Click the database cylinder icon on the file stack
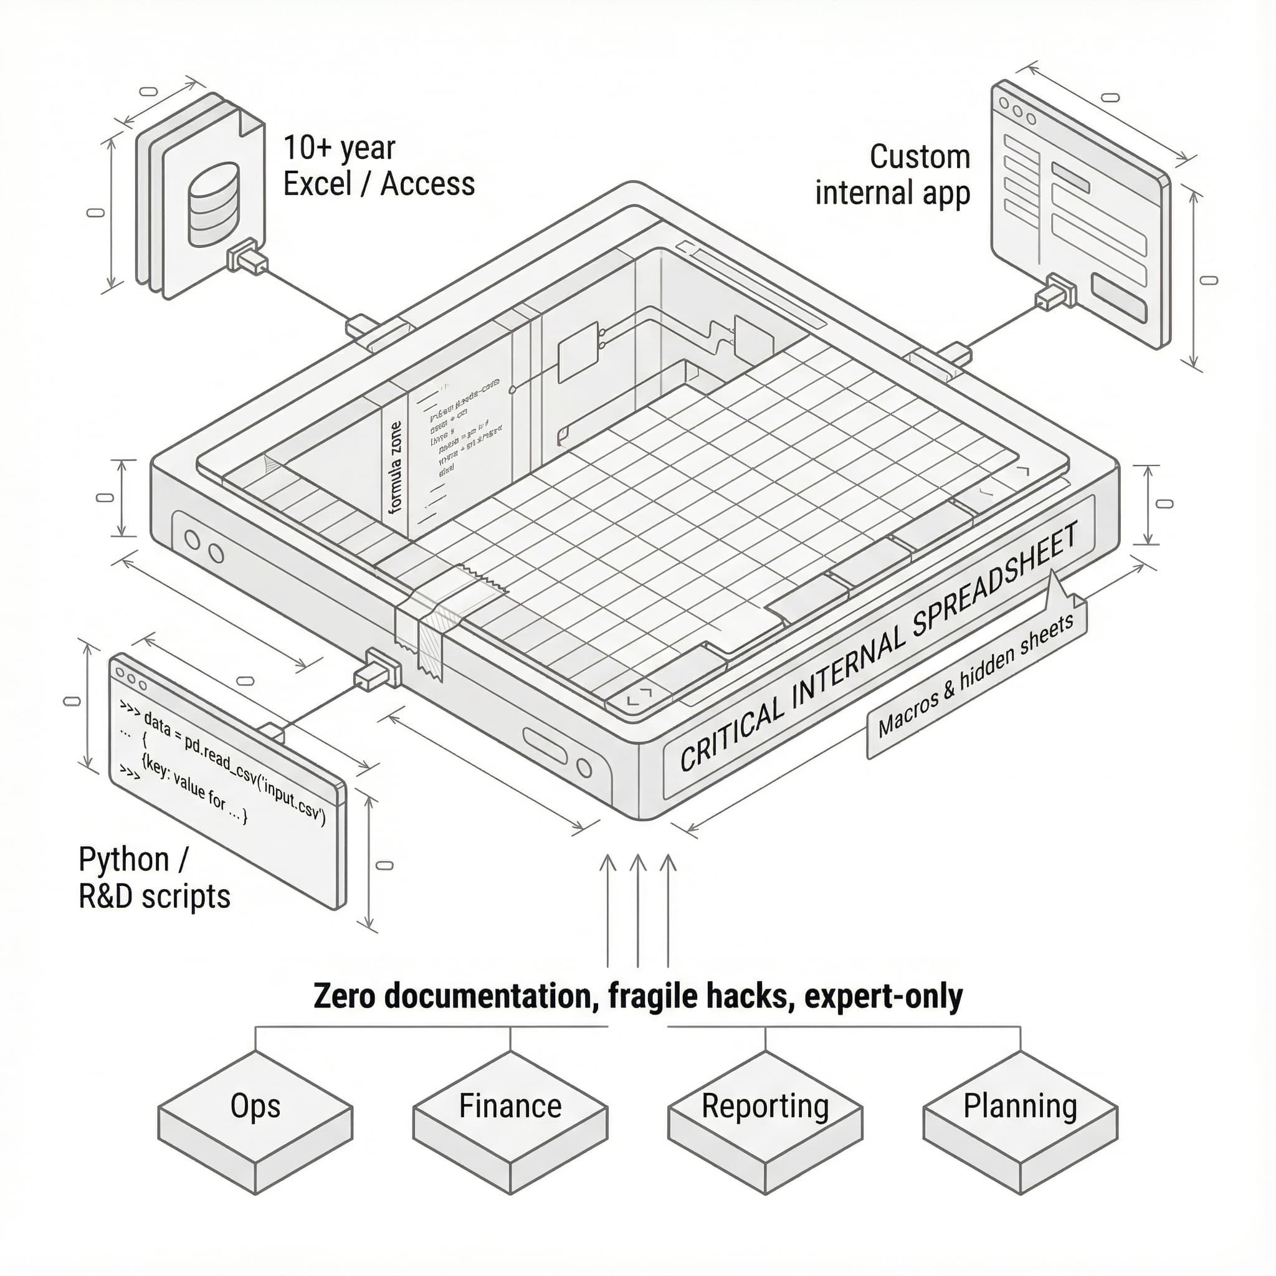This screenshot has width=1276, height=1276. click(213, 204)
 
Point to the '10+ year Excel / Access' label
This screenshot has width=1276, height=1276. click(378, 166)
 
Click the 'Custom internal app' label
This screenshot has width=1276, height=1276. click(893, 175)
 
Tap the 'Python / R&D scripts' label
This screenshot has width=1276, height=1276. click(154, 878)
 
